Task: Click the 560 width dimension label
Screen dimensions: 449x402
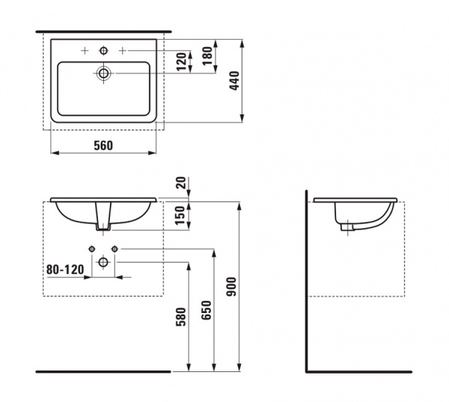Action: pos(103,145)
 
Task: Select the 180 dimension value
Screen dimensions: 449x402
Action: pos(208,56)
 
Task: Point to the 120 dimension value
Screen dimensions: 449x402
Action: pos(181,61)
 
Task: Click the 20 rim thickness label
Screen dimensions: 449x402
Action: pos(181,183)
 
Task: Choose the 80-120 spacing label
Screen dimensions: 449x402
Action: pos(65,269)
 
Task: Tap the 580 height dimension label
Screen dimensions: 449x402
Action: pos(181,317)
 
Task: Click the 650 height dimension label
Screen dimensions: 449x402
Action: pos(207,310)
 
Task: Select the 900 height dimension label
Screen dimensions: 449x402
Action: pos(231,287)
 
